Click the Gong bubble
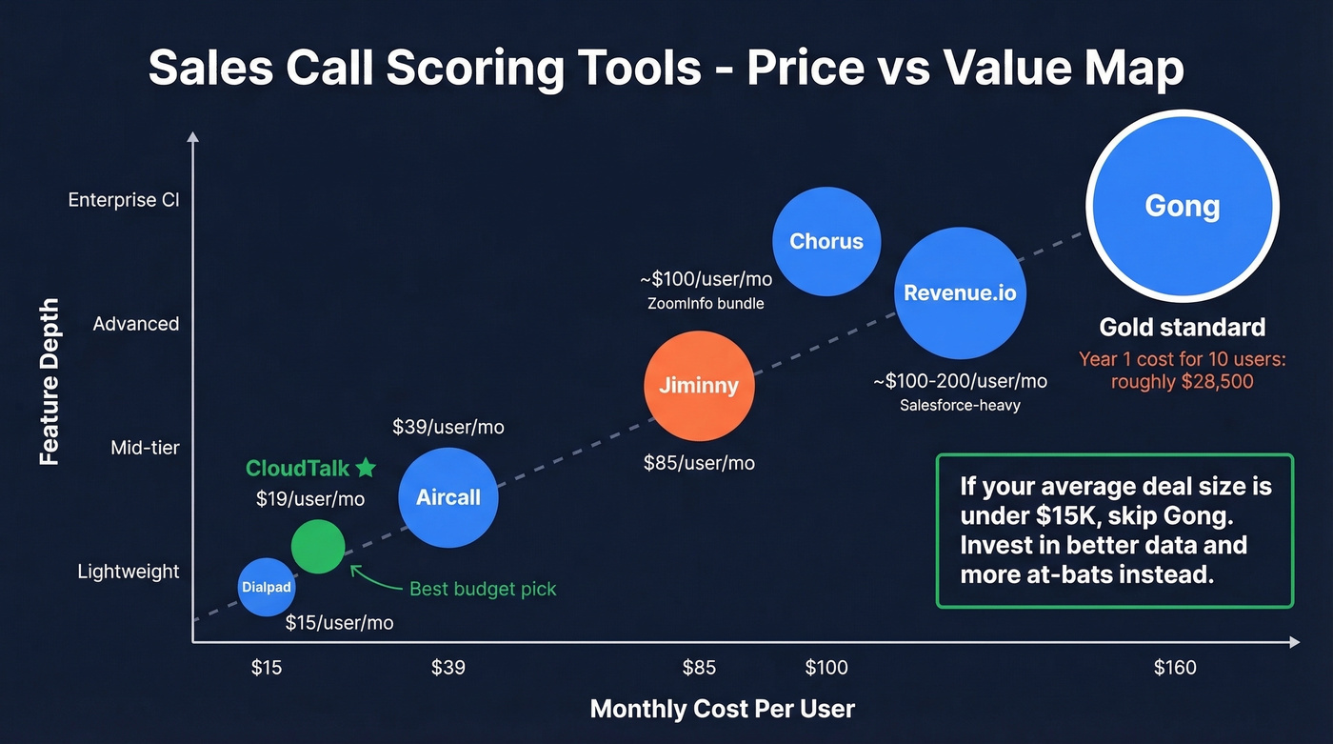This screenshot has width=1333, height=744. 1182,207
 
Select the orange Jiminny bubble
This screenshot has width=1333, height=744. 699,386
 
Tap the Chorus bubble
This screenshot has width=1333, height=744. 826,241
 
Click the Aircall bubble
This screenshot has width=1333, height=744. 448,497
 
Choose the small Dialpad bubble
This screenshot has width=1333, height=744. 266,587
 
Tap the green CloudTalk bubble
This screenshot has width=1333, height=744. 318,546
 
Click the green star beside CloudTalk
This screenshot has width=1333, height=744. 366,468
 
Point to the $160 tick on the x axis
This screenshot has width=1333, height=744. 1175,668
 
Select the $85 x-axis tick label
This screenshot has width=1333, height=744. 699,668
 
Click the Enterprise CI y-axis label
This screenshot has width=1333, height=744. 124,200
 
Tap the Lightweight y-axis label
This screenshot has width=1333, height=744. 129,572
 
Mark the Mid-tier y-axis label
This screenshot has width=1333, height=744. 145,448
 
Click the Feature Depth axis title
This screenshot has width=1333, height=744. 50,382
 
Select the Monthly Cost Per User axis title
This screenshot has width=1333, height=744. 723,709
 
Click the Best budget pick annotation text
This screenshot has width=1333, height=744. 483,589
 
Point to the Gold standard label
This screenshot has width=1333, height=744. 1182,328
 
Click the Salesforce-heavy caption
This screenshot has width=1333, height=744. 960,405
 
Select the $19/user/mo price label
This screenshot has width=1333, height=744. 310,499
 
